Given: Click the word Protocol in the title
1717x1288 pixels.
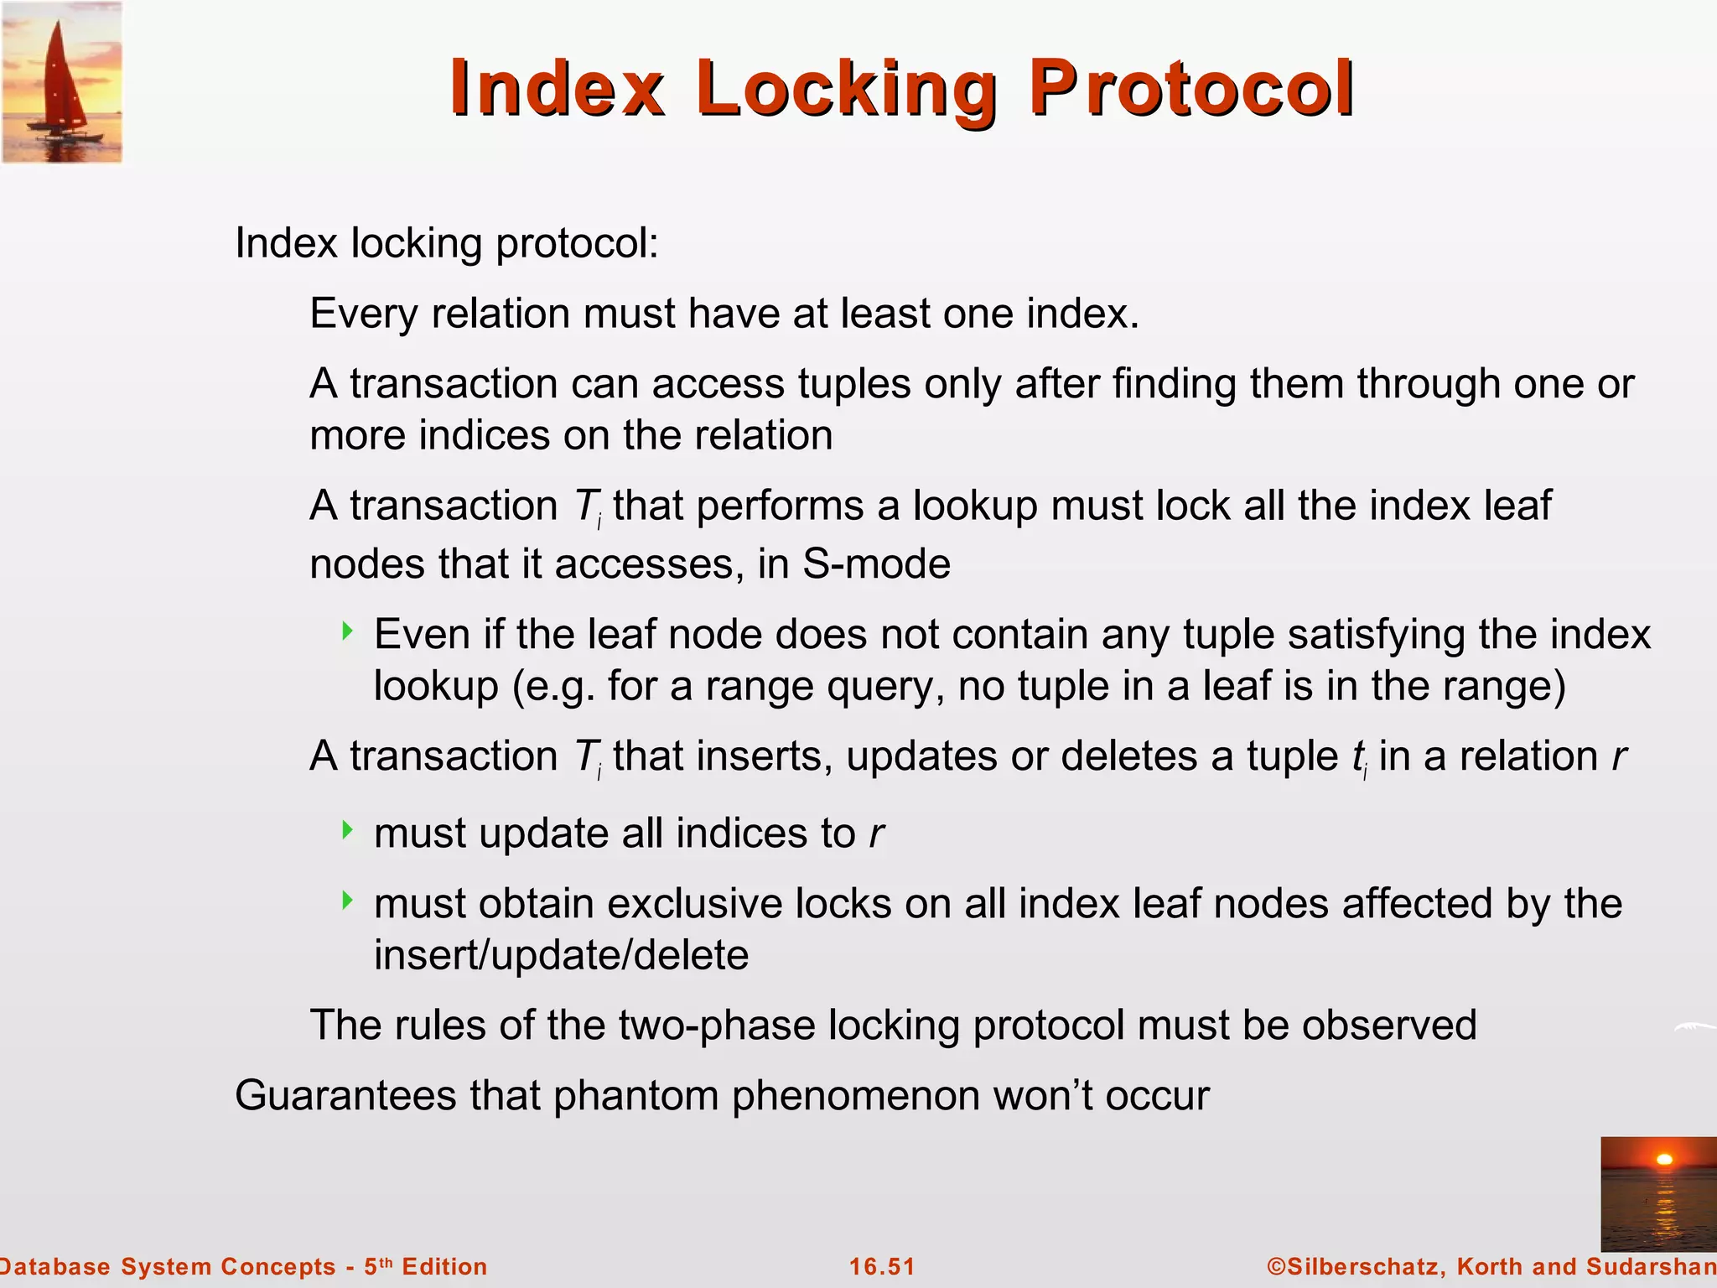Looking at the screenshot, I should [1191, 88].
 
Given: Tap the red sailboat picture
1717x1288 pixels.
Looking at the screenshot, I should [61, 82].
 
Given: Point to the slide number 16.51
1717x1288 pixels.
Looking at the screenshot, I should [882, 1266].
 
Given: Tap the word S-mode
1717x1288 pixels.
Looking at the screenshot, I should [876, 563].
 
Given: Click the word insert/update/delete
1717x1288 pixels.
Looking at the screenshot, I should [561, 955].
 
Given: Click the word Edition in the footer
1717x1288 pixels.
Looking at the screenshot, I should [444, 1266].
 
